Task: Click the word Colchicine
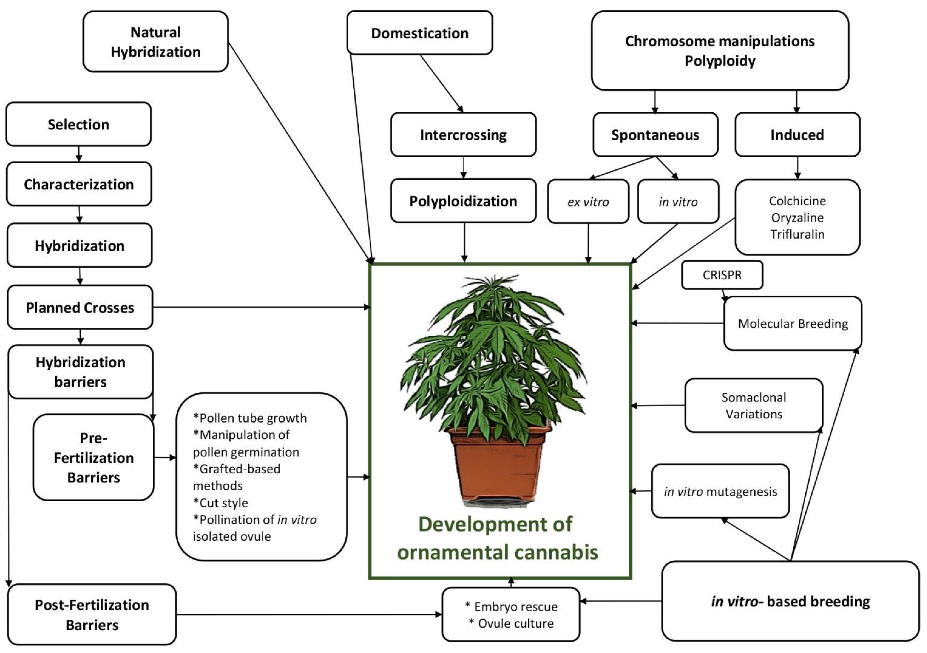(797, 201)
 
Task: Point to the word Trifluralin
(797, 234)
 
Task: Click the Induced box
(797, 134)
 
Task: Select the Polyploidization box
(463, 201)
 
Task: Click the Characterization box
(79, 184)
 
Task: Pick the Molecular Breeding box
(793, 324)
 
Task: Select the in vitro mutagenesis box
(720, 491)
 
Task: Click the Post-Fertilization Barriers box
(92, 615)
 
